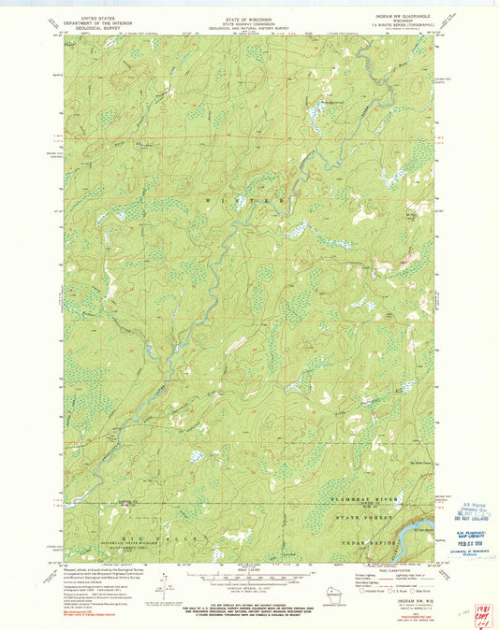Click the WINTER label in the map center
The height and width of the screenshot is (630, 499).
point(248,200)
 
